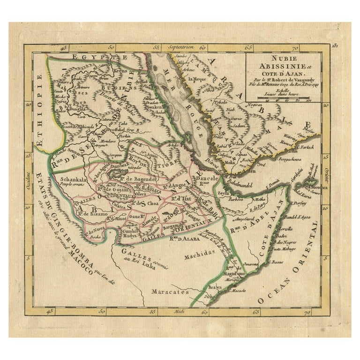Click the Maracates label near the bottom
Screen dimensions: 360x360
[x=170, y=291]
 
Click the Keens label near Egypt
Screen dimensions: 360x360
[x=120, y=70]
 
